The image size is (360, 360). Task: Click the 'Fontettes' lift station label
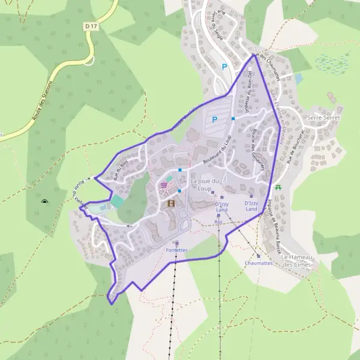click(176, 250)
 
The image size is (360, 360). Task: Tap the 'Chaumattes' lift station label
click(259, 263)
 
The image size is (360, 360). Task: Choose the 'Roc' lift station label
click(218, 222)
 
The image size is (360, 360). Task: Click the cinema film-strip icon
click(172, 203)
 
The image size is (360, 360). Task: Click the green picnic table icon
click(278, 188)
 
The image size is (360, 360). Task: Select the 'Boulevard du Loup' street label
click(217, 152)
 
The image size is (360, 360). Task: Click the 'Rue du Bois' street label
click(121, 170)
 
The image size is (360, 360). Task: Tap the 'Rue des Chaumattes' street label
click(268, 64)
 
